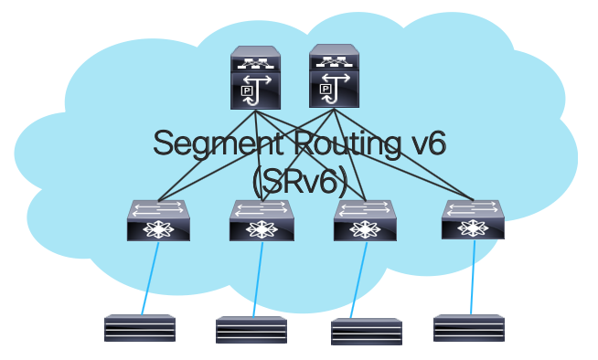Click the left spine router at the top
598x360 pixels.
coord(257,79)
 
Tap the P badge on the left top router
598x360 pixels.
coord(246,91)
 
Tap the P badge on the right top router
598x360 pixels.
coord(326,90)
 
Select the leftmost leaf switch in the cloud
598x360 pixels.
coord(158,220)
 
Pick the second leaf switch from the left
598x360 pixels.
coord(261,220)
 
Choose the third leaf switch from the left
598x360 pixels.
coord(365,220)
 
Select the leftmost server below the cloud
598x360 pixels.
coord(139,328)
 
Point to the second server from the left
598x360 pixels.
coord(251,330)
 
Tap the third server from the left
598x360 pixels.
coord(367,332)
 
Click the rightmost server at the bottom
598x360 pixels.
coord(468,328)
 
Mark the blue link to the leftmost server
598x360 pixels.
coord(150,278)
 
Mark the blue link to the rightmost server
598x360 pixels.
coord(473,278)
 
